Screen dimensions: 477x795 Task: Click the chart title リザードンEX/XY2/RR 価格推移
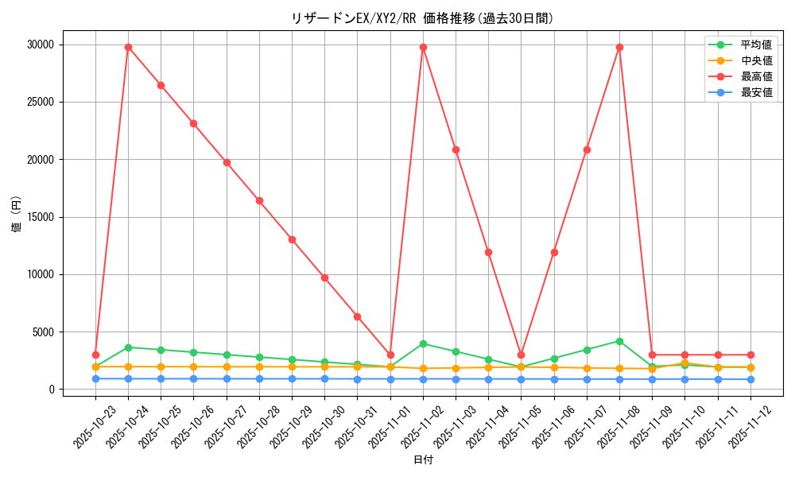click(x=422, y=18)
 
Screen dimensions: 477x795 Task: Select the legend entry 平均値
click(x=756, y=45)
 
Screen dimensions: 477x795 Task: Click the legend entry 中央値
click(x=756, y=60)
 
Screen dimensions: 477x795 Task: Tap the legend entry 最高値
click(x=756, y=76)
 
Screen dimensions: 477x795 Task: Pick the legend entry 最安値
click(x=756, y=92)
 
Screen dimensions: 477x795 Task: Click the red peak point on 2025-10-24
click(x=128, y=47)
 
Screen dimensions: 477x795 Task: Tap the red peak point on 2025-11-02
click(x=423, y=47)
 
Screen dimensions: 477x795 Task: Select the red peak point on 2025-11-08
click(x=619, y=47)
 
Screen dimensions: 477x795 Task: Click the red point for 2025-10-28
click(x=259, y=200)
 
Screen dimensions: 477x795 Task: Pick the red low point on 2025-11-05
click(x=521, y=355)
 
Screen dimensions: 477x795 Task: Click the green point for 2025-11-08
click(x=619, y=341)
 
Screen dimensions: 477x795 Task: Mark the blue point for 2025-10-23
click(x=95, y=378)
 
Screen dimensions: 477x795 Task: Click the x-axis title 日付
click(x=423, y=460)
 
